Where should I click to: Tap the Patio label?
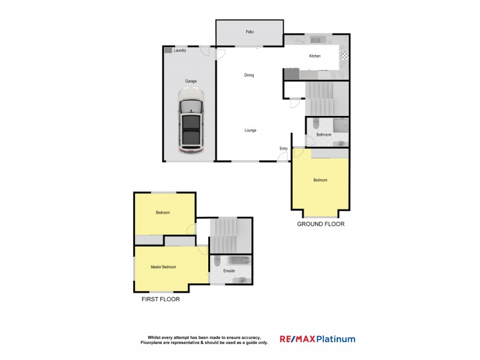point(249,32)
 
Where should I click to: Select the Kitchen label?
point(315,56)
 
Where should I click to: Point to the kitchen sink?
point(317,40)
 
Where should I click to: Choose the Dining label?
point(249,75)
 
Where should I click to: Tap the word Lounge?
point(250,130)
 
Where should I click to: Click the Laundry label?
point(180,50)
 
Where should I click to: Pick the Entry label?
point(283,148)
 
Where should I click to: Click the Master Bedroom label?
point(163,267)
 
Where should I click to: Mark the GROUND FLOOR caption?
point(321,224)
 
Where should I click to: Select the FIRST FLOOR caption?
point(160,298)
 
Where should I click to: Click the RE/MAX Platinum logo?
point(317,339)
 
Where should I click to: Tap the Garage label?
point(191,81)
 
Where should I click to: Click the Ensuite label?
point(229,271)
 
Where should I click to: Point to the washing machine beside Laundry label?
point(168,50)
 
